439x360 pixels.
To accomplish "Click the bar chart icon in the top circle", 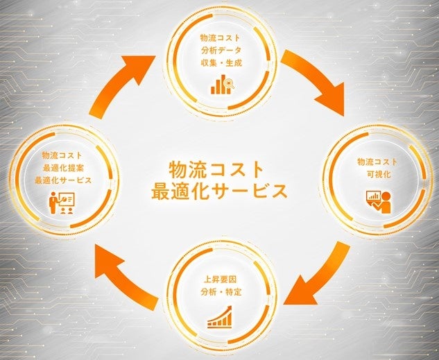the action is [221, 85].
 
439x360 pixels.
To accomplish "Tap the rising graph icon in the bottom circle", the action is [219, 318].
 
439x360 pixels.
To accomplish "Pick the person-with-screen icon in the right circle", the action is [377, 200].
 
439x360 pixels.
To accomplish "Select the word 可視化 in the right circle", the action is [379, 174].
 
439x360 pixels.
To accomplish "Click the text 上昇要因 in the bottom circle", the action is [219, 281].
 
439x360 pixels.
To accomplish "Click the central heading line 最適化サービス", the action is [219, 190].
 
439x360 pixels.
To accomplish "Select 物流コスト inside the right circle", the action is [379, 162].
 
